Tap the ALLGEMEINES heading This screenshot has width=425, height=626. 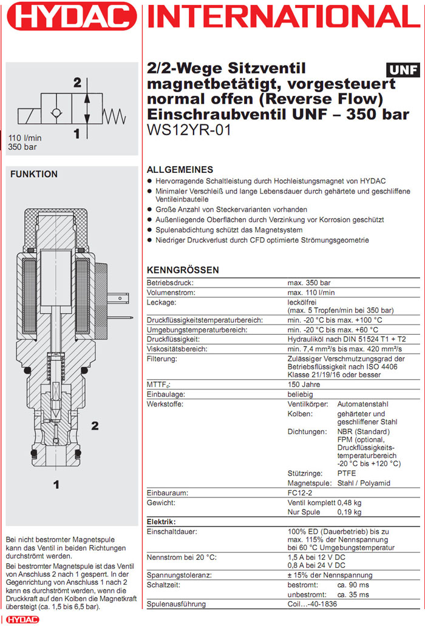point(180,170)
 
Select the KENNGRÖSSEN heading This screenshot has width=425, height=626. point(183,270)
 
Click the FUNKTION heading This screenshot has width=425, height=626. point(34,174)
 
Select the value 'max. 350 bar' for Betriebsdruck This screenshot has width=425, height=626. point(308,283)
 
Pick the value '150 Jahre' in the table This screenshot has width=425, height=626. point(304,385)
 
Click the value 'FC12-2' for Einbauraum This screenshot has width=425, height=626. point(300,493)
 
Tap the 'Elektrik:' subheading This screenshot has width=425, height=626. point(161,522)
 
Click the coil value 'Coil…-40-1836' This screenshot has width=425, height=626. point(311,604)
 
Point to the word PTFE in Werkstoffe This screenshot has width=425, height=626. point(347,473)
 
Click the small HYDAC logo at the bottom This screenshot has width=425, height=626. point(14,619)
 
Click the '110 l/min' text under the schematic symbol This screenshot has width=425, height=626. point(24,138)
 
